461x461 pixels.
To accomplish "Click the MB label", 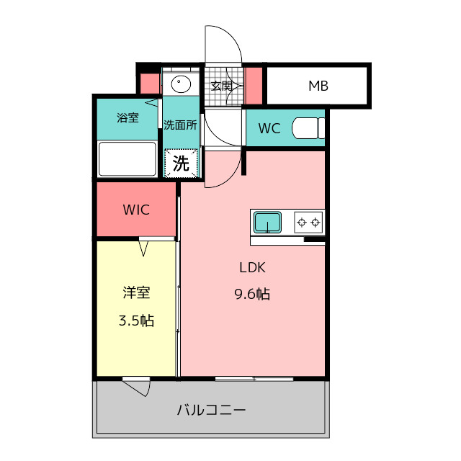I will pyautogui.click(x=318, y=86).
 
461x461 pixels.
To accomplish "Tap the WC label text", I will pyautogui.click(x=269, y=129).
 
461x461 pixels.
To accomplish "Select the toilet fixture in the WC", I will pyautogui.click(x=308, y=128).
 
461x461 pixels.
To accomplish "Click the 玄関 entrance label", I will pyautogui.click(x=221, y=86).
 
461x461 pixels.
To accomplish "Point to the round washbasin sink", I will pyautogui.click(x=180, y=85).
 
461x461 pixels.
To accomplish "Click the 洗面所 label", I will pyautogui.click(x=179, y=124).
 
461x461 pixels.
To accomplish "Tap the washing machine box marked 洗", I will pyautogui.click(x=181, y=163).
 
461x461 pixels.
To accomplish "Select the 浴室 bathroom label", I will pyautogui.click(x=127, y=117).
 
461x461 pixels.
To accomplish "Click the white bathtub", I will pyautogui.click(x=127, y=159).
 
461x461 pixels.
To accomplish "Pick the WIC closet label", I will pyautogui.click(x=135, y=210).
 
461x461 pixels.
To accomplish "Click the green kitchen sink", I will pyautogui.click(x=268, y=221).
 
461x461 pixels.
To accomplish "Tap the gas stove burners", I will pyautogui.click(x=308, y=221).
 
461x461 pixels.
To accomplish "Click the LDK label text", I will pyautogui.click(x=254, y=267).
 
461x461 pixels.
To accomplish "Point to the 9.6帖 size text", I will pyautogui.click(x=253, y=294).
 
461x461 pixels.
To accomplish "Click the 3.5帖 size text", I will pyautogui.click(x=136, y=321).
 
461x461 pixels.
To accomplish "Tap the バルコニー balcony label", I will pyautogui.click(x=211, y=411).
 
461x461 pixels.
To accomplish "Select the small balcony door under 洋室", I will pyautogui.click(x=137, y=386).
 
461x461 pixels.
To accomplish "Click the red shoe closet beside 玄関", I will pyautogui.click(x=254, y=85).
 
